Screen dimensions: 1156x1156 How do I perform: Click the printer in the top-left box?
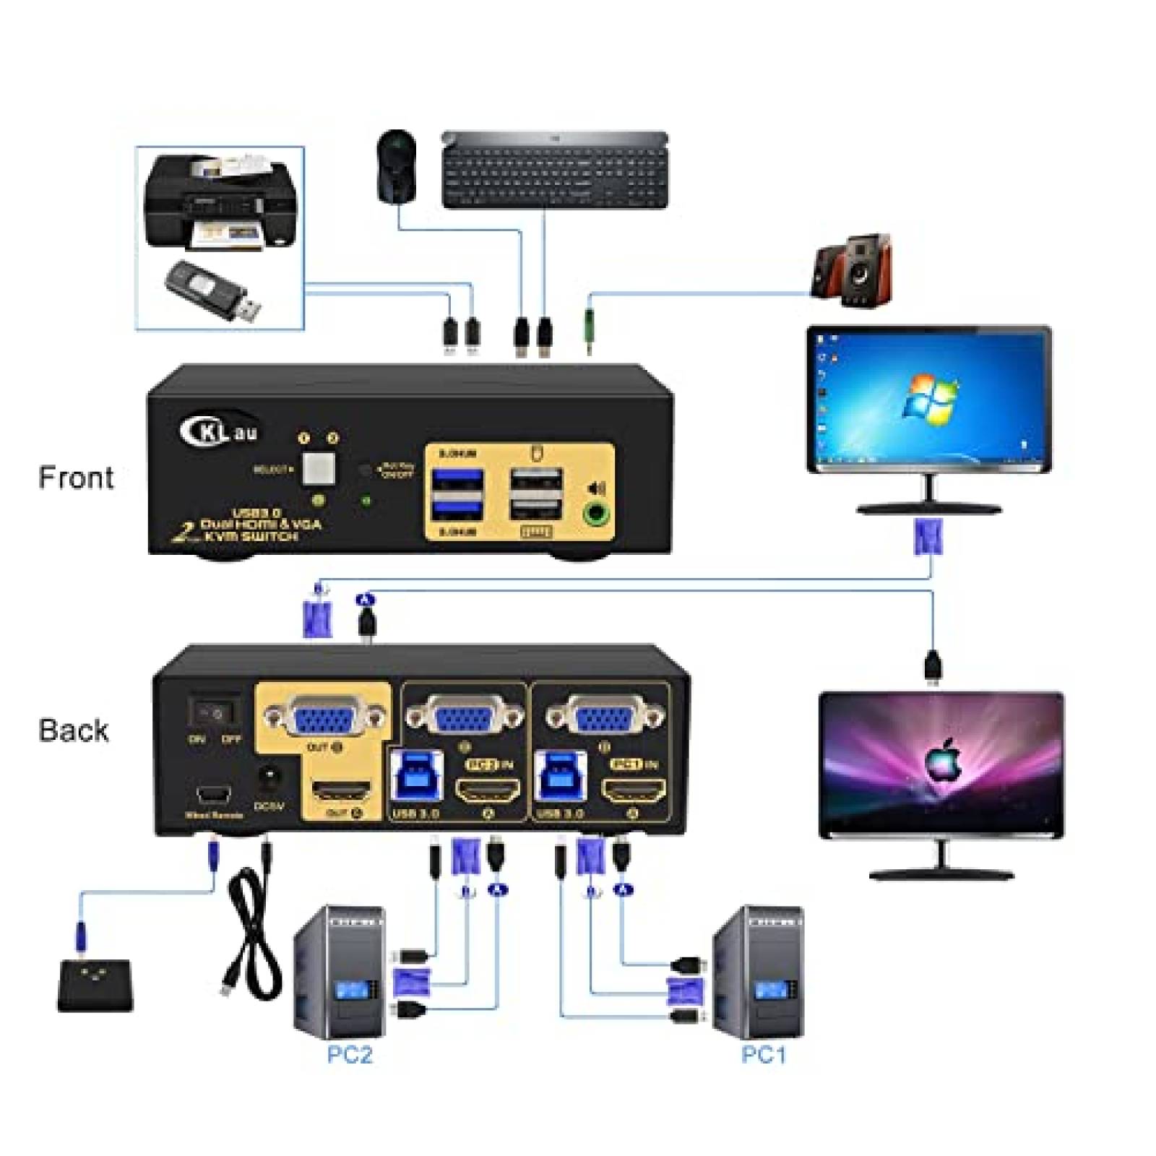(x=220, y=202)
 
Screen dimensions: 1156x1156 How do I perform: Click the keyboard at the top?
(x=555, y=171)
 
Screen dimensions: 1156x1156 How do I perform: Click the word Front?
(x=76, y=478)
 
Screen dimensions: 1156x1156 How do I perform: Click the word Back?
(x=73, y=730)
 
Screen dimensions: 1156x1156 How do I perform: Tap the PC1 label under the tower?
(x=763, y=1055)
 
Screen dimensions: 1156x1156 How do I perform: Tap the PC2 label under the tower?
(x=350, y=1055)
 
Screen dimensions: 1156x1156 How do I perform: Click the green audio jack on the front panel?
(x=596, y=514)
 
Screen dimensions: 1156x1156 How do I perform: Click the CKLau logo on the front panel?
(x=217, y=431)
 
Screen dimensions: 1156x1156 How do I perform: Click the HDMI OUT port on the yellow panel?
(x=340, y=790)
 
